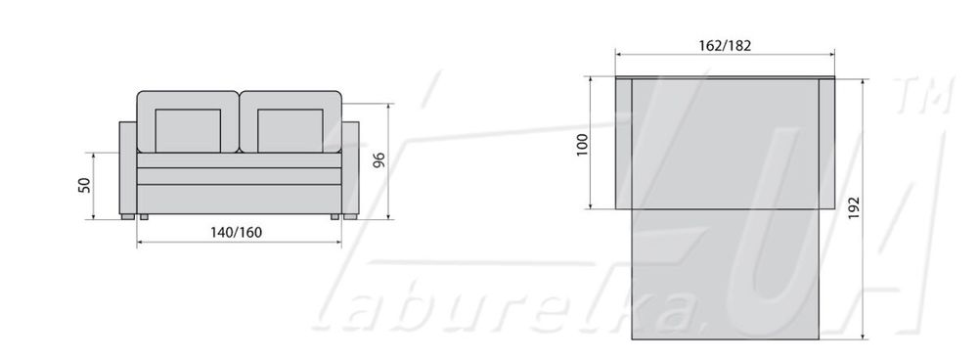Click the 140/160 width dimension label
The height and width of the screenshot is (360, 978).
point(236,233)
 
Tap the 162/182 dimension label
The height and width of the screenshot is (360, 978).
point(725,46)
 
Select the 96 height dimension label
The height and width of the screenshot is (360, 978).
point(378,160)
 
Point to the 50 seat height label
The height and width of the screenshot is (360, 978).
point(85,185)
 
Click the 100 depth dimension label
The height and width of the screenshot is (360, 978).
point(583,145)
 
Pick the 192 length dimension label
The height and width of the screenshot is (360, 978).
point(854,207)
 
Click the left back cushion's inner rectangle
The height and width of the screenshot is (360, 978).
point(188,131)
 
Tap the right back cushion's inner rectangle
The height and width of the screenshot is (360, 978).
point(290,131)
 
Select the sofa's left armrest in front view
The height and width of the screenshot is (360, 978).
point(128,168)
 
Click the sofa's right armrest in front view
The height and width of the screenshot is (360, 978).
point(350,168)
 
